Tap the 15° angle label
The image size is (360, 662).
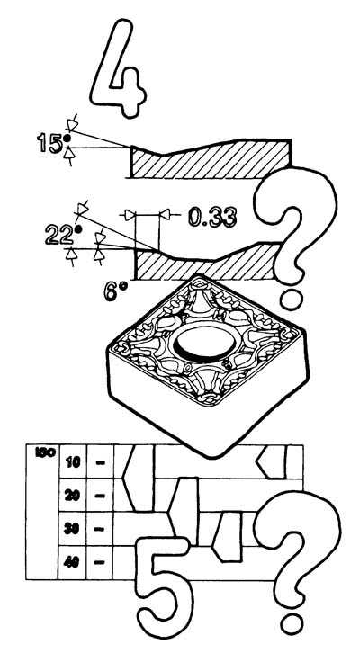[x=50, y=142]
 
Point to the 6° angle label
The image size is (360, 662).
[x=115, y=291]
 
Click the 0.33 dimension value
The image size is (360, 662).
[x=212, y=218]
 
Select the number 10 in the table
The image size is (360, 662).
[x=73, y=462]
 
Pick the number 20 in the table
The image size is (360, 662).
[x=72, y=496]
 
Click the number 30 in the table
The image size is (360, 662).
[x=72, y=529]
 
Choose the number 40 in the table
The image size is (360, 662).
[x=72, y=562]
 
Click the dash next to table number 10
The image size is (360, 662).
[x=100, y=462]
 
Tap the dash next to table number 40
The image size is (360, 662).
[x=100, y=563]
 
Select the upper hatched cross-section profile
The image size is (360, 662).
[x=211, y=160]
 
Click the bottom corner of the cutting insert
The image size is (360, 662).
[x=213, y=456]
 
